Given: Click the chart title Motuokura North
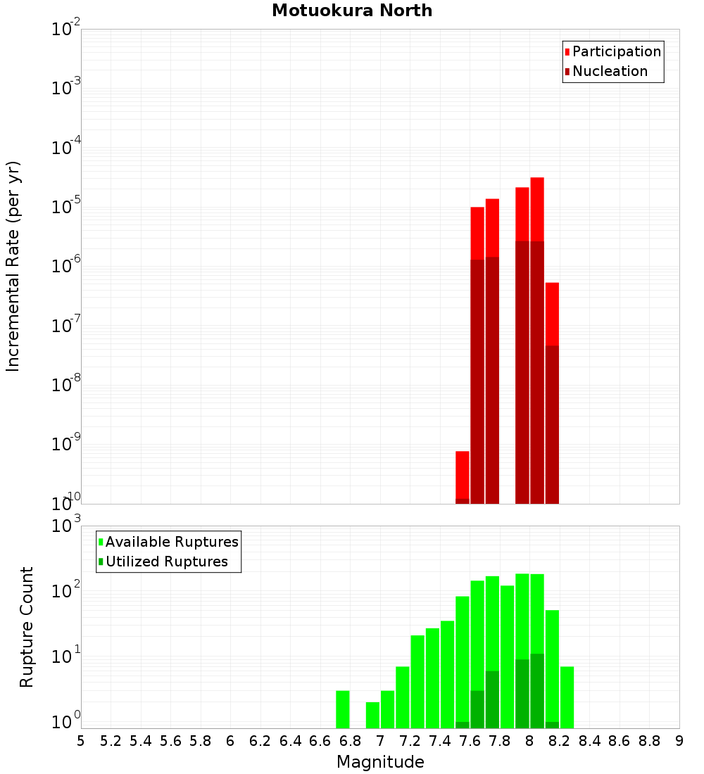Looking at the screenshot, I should tap(352, 11).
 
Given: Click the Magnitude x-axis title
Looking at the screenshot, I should tap(380, 762).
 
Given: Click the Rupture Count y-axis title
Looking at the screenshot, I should tap(27, 627).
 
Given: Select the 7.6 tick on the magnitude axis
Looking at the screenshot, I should tap(470, 741).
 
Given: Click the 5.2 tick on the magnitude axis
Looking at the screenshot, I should tap(111, 741).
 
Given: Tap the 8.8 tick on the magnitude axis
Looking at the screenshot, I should tap(649, 741).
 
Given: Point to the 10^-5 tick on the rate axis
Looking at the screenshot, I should tap(65, 207).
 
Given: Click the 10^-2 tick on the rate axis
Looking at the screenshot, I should tap(65, 30).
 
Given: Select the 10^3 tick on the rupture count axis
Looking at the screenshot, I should tap(65, 526).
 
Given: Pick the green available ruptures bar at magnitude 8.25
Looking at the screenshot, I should tap(567, 697).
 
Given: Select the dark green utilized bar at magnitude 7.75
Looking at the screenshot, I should tap(492, 699).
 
